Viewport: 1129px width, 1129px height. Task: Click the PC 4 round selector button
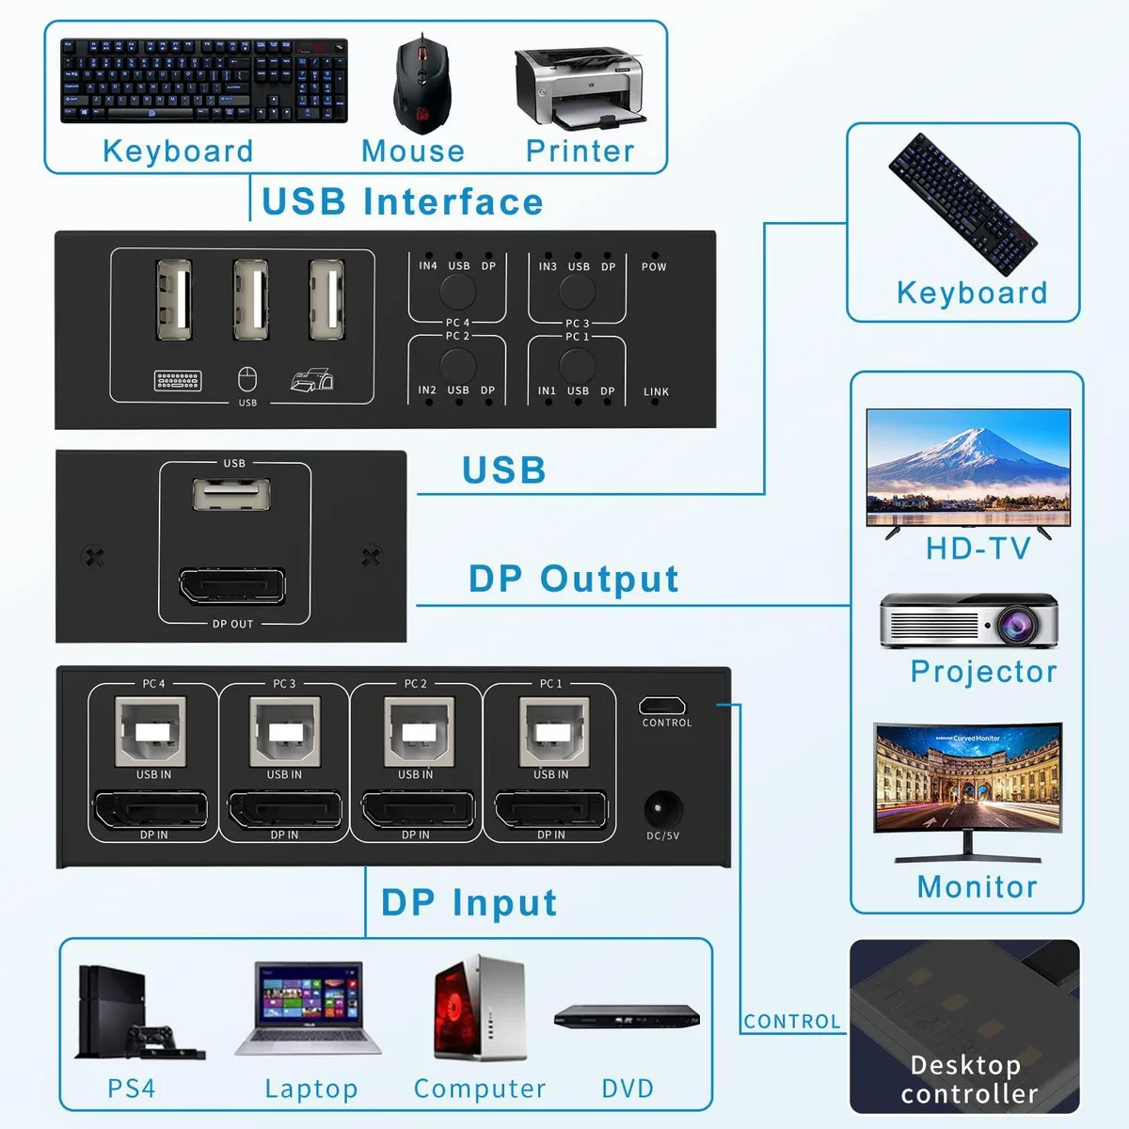(457, 291)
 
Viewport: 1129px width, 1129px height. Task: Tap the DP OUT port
(232, 586)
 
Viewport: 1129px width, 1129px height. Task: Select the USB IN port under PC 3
(285, 731)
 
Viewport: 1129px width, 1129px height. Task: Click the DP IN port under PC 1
(550, 810)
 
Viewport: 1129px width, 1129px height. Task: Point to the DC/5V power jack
(662, 809)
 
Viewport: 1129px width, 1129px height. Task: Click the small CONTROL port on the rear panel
(662, 705)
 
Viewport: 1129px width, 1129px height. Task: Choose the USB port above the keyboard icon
(174, 300)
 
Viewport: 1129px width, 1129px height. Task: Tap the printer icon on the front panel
(312, 380)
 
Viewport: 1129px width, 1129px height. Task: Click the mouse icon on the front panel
(247, 379)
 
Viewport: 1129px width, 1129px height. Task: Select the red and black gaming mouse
(421, 83)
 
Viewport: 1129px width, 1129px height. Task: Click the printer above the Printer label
(580, 87)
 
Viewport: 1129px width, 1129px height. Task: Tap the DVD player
(627, 1018)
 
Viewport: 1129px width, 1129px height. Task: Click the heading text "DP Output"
(574, 579)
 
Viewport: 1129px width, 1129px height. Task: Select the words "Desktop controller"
(968, 1078)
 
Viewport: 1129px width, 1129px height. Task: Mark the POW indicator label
(654, 266)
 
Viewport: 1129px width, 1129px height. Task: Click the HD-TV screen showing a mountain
(968, 467)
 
